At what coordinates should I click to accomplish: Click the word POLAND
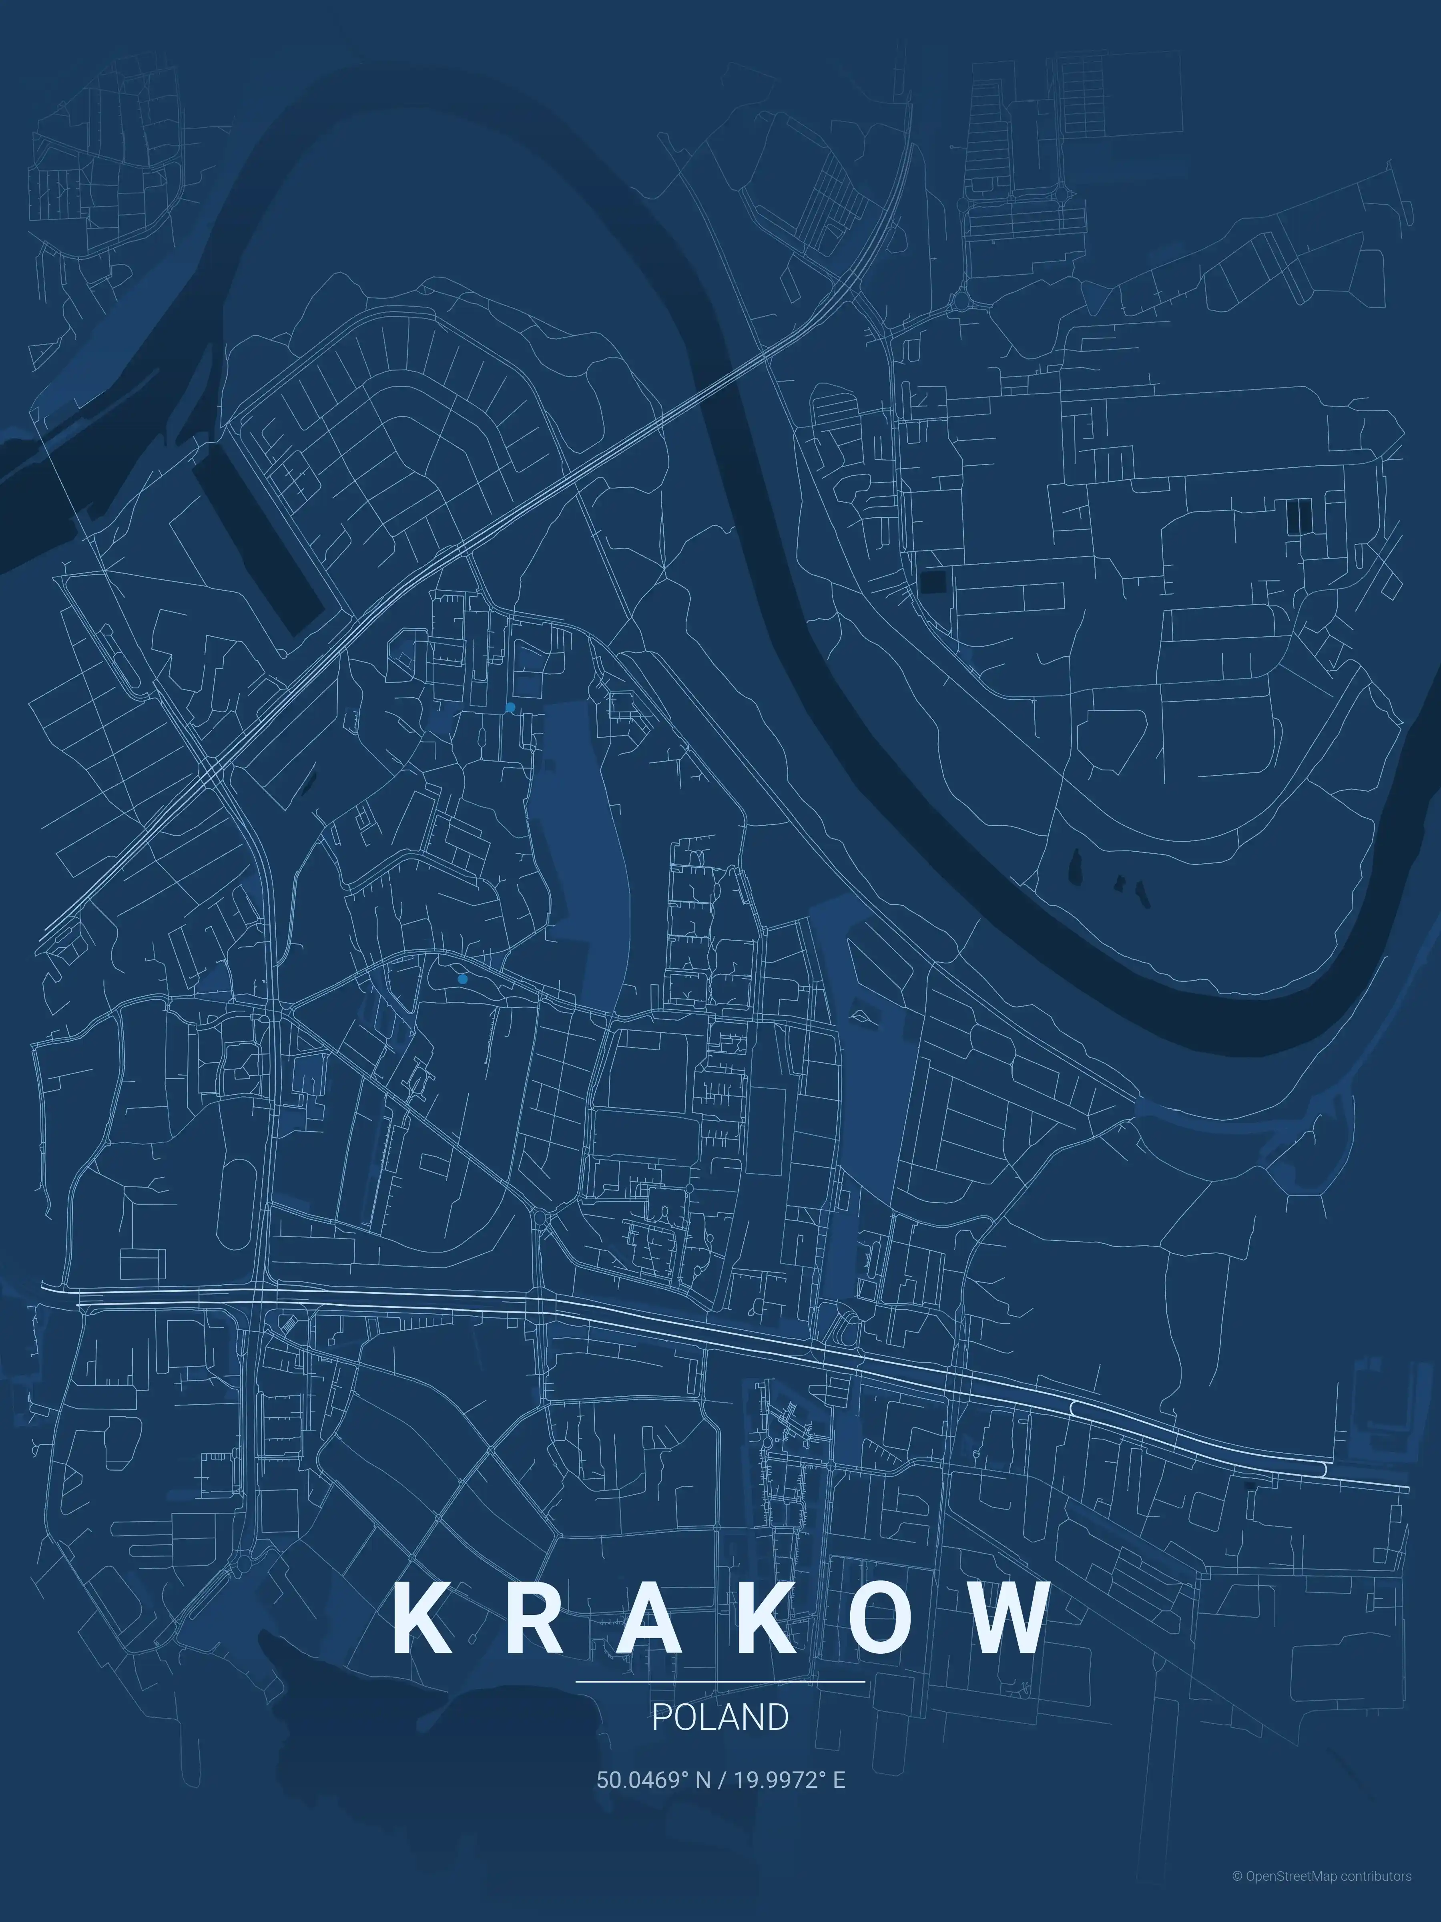pyautogui.click(x=720, y=1717)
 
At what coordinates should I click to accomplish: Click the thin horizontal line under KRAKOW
pyautogui.click(x=720, y=1681)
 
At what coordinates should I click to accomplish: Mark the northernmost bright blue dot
pyautogui.click(x=510, y=707)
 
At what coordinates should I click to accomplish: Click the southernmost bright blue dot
pyautogui.click(x=462, y=978)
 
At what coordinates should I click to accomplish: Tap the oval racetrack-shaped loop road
pyautogui.click(x=235, y=1203)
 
